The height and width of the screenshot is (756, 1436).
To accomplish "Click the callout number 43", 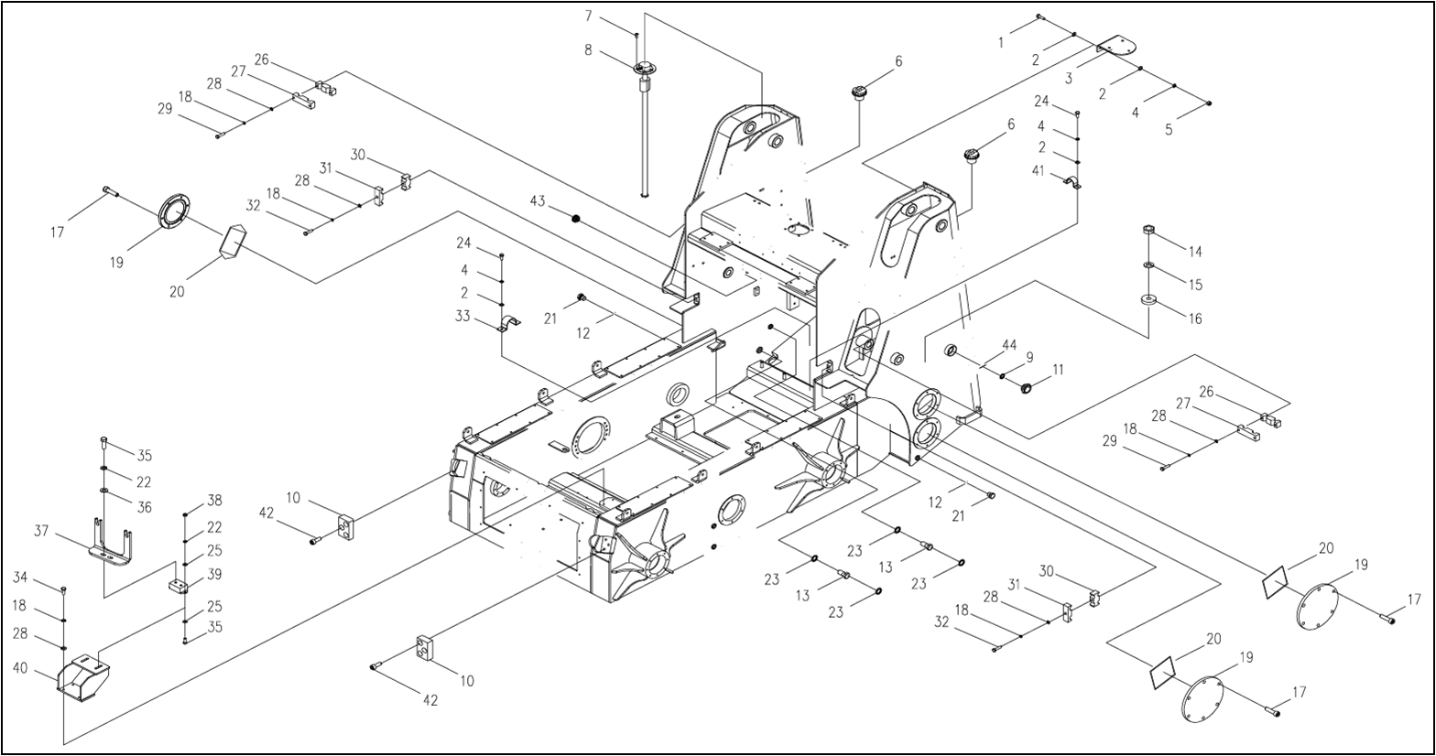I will coord(538,201).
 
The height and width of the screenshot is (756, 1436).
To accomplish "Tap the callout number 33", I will coord(463,316).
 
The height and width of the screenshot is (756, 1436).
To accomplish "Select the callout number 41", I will coord(1039,171).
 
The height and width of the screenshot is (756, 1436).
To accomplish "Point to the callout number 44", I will coord(1009,345).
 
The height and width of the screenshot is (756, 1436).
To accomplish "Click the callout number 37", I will coord(41,531).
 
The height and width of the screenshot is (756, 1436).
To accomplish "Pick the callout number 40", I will coord(20,668).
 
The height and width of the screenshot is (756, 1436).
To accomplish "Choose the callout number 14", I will coord(1195,252).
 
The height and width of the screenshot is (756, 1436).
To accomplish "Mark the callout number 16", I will coord(1195,319).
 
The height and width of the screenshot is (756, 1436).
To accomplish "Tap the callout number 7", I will coord(589,16).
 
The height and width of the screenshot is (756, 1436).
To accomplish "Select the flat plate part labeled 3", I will coord(1115,45).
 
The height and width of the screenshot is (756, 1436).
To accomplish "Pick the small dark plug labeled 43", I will coord(576,218).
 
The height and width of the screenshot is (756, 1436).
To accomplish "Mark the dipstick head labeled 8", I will coord(644,67).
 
